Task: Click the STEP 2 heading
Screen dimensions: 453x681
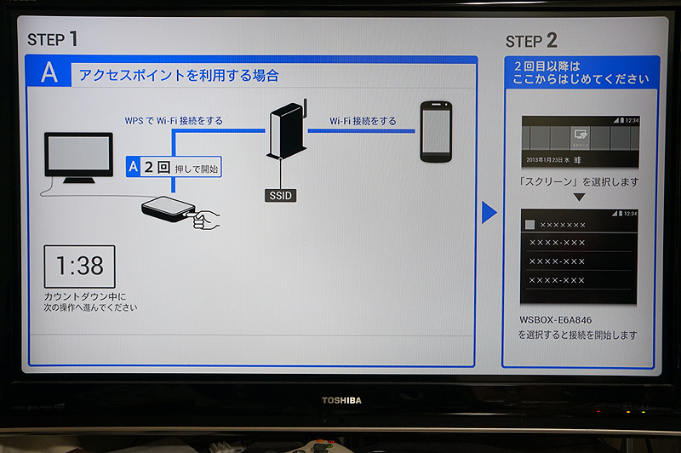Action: [x=531, y=40]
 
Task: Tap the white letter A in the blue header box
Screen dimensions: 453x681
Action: [x=49, y=73]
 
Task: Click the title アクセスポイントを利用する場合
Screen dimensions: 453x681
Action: [x=178, y=75]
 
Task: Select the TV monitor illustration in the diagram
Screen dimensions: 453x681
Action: [x=78, y=158]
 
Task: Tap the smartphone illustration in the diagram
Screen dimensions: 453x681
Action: [x=436, y=131]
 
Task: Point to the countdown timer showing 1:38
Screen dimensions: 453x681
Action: [x=79, y=267]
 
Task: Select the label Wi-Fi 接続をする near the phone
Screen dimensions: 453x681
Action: [x=362, y=121]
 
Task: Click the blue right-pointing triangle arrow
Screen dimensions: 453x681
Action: [x=489, y=212]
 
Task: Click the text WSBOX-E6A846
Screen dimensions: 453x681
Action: [x=555, y=320]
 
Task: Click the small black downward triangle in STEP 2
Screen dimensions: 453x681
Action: [x=578, y=198]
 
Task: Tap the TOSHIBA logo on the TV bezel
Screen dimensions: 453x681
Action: [x=341, y=399]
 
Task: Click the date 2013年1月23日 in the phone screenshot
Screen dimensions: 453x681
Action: [x=554, y=159]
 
